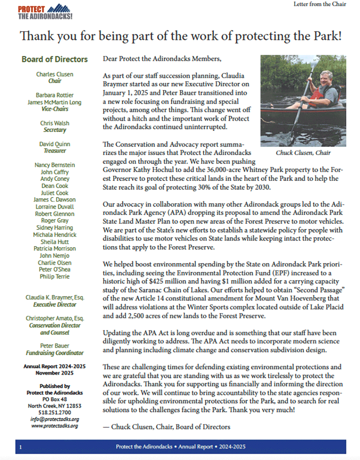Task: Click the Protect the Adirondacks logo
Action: pos(45,12)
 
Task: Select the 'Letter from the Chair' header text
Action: pos(320,4)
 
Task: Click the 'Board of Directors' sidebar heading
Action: pos(54,59)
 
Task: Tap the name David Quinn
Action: pos(54,144)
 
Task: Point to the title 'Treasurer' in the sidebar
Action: pos(54,151)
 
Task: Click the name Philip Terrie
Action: pos(54,277)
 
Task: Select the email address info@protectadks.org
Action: pos(54,419)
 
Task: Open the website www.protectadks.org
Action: pos(54,426)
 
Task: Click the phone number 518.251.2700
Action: pos(54,412)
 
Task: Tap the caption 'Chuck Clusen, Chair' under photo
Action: pos(303,153)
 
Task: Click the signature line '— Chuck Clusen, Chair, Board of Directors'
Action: pos(167,427)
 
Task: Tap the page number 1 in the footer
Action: pos(20,447)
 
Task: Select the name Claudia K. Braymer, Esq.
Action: pos(54,297)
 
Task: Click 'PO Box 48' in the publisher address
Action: pos(54,399)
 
